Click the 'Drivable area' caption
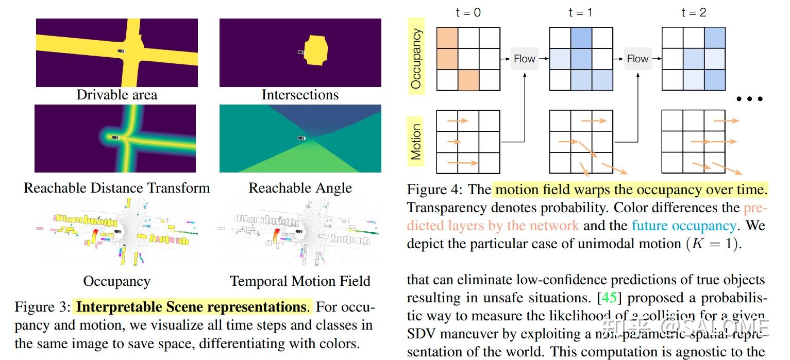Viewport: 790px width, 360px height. point(117,95)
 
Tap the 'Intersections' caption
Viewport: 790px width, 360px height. point(300,95)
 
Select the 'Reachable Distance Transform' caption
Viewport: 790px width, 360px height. point(117,187)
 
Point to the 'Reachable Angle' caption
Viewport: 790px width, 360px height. point(300,188)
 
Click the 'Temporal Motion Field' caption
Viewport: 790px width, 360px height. point(300,281)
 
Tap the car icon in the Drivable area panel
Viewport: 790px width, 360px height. point(121,51)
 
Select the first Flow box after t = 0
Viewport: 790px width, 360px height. point(525,59)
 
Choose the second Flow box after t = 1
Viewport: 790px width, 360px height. point(637,59)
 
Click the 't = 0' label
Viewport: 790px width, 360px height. point(468,12)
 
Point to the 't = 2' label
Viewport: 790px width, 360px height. point(693,12)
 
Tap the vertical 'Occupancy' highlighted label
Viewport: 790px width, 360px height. point(416,59)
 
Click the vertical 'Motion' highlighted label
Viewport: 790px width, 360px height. point(416,141)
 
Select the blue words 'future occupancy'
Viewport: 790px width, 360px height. point(683,226)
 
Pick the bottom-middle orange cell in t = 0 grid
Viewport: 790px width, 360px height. point(468,80)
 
